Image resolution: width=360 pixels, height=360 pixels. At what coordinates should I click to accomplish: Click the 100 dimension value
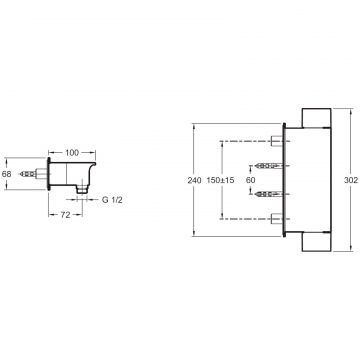coord(72,153)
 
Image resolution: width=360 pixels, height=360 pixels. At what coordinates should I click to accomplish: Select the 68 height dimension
coord(6,174)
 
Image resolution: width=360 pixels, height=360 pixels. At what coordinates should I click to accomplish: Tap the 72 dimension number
coord(66,215)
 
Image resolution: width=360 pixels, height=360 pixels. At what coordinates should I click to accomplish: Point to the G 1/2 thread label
coord(112,200)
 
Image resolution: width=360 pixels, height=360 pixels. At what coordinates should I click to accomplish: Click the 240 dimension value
coord(195,180)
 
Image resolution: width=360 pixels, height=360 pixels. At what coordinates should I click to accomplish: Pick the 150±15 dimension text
coord(220,180)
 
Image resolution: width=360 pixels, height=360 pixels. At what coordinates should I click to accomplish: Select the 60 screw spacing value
coord(250,180)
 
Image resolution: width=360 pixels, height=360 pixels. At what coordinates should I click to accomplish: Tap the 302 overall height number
coord(351,180)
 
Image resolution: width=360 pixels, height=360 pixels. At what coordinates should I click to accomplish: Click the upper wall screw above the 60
coord(269,166)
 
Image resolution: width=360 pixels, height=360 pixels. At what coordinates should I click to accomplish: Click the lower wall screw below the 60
coord(269,194)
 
